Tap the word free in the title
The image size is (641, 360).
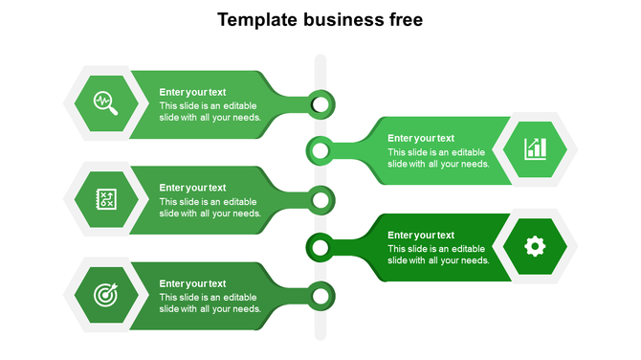pos(400,20)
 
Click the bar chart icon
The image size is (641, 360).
pos(535,148)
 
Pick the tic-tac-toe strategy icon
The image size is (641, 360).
pos(105,199)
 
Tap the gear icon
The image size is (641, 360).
pos(535,246)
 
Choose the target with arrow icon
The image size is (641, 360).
pos(105,295)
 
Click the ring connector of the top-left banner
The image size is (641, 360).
pos(321,102)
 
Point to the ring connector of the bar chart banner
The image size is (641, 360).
pos(320,150)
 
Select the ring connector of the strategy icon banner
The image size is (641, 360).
pos(321,200)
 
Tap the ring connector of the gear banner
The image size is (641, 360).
pos(320,248)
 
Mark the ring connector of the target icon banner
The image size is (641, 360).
pos(321,296)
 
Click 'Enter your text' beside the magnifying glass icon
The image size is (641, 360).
pos(192,92)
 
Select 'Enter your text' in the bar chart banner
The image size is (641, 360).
pos(421,138)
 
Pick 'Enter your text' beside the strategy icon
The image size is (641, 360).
pos(192,188)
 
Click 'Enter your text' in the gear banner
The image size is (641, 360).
pos(421,235)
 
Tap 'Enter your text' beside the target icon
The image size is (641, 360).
pos(192,283)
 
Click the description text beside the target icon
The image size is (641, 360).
pos(210,303)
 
